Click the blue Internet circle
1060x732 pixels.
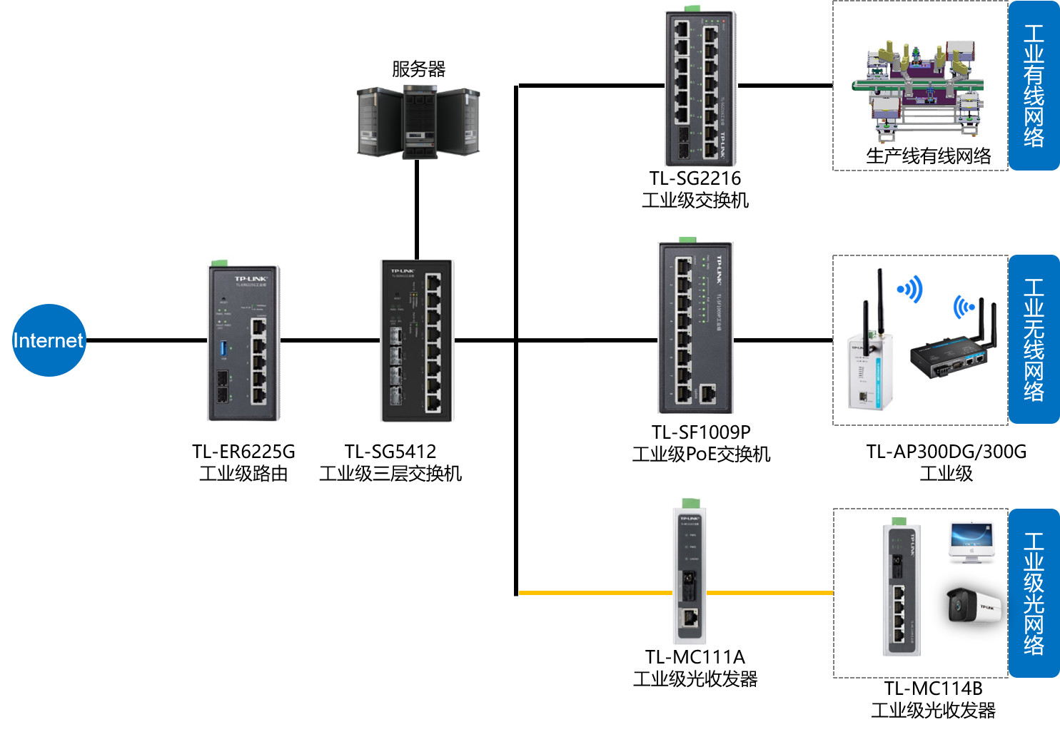(x=49, y=340)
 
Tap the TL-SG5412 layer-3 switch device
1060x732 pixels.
(x=417, y=341)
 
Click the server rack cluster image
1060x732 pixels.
(x=418, y=121)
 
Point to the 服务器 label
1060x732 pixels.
(x=418, y=69)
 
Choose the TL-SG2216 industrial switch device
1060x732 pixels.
(x=700, y=88)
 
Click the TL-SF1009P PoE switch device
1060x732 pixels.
(x=695, y=327)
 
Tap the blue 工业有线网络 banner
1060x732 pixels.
(x=1034, y=86)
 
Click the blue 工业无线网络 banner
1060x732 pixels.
(x=1034, y=340)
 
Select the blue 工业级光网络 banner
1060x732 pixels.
(x=1034, y=594)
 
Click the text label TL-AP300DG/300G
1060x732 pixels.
(x=946, y=452)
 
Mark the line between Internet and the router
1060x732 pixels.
(x=146, y=340)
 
